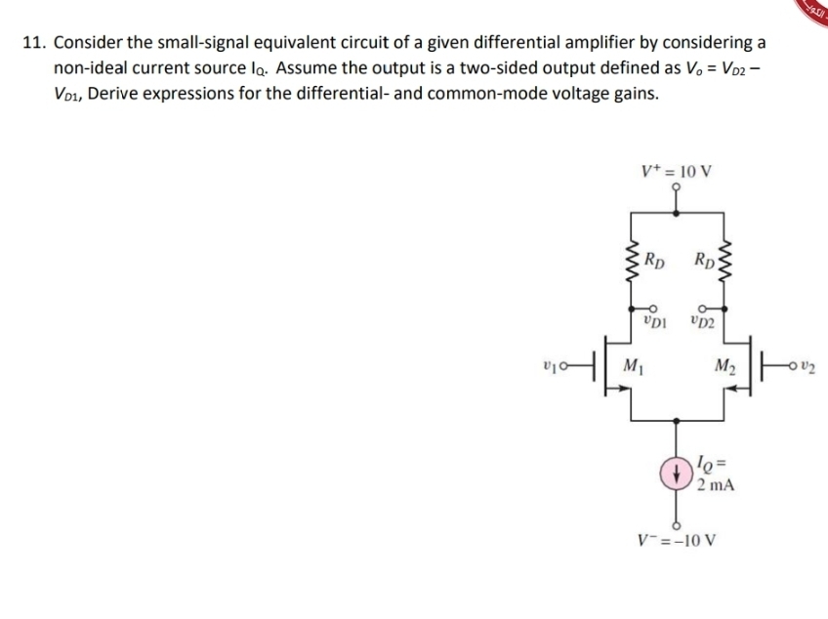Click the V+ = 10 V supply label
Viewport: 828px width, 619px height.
click(x=676, y=171)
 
